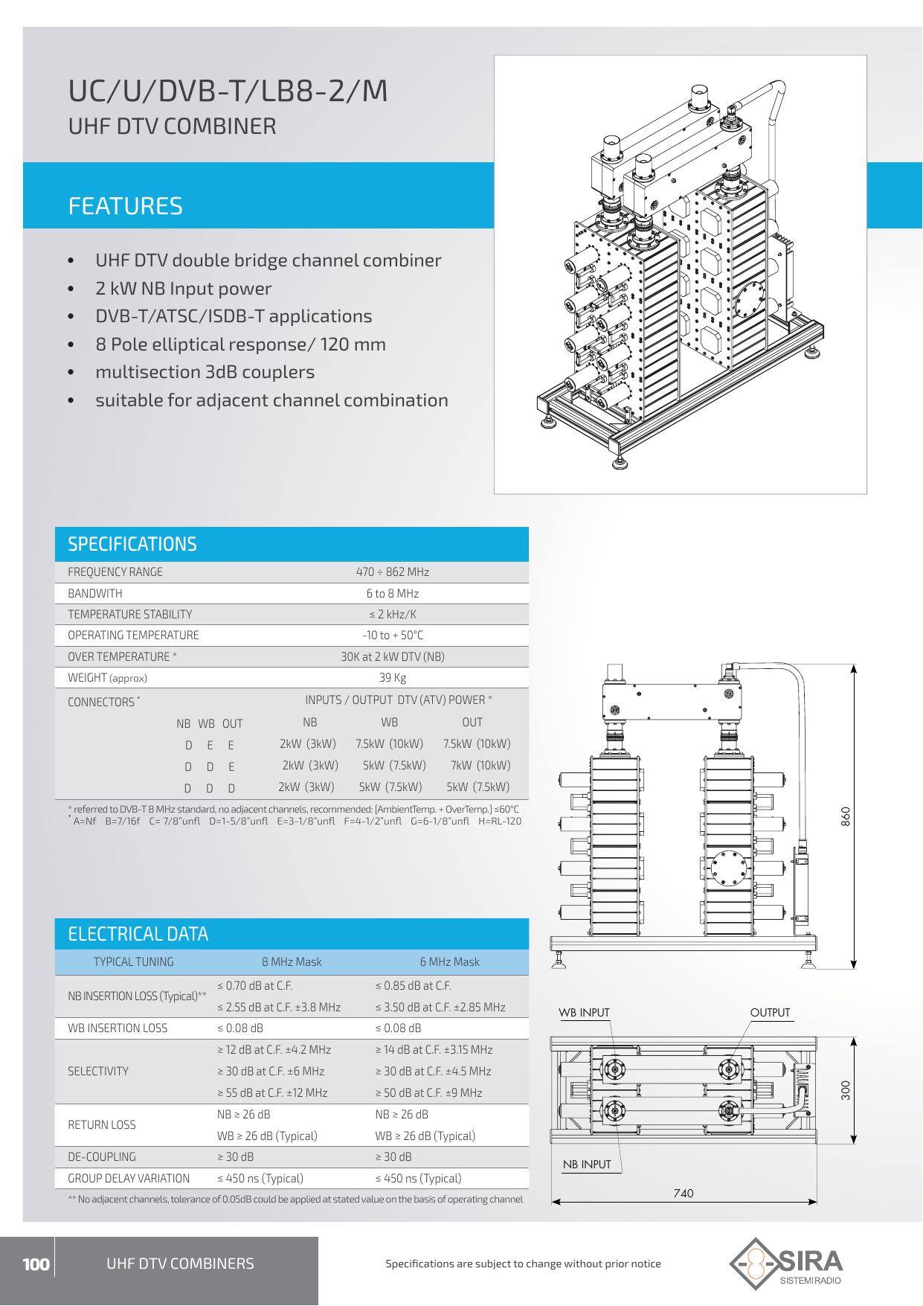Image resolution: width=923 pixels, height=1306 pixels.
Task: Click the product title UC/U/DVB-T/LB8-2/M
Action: [228, 92]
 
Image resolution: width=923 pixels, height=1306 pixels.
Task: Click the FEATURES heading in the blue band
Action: [125, 206]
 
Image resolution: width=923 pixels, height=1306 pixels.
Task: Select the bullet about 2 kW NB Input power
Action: [183, 289]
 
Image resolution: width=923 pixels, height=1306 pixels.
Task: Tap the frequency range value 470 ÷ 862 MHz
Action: [392, 572]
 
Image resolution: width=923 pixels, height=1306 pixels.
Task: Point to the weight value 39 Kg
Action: [392, 678]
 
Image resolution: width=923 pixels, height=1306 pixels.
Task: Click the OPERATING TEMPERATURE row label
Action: [133, 636]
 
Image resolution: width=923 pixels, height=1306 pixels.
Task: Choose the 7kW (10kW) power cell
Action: [480, 766]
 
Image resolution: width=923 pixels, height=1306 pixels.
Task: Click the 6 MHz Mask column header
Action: [449, 962]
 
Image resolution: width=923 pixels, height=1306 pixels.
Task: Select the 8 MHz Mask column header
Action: [292, 962]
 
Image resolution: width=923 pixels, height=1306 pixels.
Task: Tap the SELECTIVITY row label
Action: [98, 1072]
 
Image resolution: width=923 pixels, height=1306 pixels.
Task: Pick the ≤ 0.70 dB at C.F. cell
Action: [254, 986]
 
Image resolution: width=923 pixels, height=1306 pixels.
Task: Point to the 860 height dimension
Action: [846, 816]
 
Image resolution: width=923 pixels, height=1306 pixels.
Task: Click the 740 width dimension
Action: [683, 1194]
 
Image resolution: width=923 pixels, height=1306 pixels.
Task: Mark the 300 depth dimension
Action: [846, 1091]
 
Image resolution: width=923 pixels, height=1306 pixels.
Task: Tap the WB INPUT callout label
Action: [584, 1013]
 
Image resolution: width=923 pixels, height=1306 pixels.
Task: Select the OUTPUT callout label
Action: [770, 1013]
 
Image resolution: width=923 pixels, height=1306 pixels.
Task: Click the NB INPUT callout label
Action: [587, 1165]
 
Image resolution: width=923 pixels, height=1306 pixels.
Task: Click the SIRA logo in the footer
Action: [786, 1264]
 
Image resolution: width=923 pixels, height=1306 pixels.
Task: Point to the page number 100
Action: [36, 1264]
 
